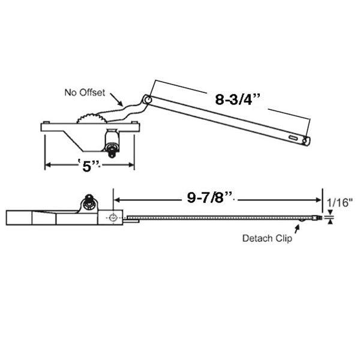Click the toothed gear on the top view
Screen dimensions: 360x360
pos(89,116)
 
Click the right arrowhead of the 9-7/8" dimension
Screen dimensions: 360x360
pos(320,198)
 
